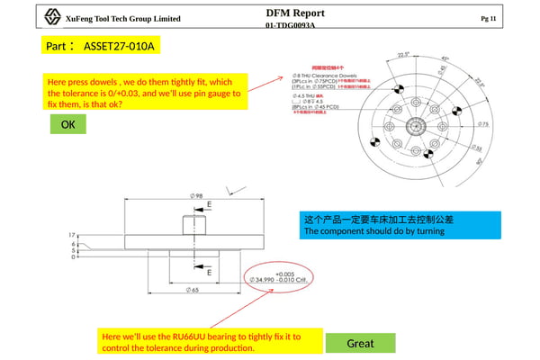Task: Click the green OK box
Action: pyautogui.click(x=67, y=125)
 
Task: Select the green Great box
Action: pyautogui.click(x=360, y=343)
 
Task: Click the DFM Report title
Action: pyautogui.click(x=295, y=13)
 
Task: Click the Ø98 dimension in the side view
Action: pyautogui.click(x=195, y=195)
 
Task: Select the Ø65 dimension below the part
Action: pyautogui.click(x=194, y=290)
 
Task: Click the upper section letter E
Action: pyautogui.click(x=210, y=205)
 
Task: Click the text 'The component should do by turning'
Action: pyautogui.click(x=374, y=231)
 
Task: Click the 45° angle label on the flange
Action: pyautogui.click(x=445, y=59)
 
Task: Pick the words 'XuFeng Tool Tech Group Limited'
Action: pyautogui.click(x=122, y=19)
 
